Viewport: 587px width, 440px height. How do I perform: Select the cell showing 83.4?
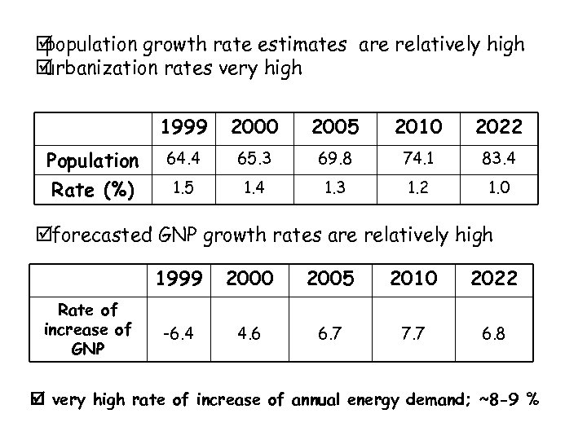click(493, 156)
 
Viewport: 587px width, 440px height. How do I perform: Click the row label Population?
click(92, 158)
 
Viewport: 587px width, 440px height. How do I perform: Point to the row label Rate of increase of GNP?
click(87, 328)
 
